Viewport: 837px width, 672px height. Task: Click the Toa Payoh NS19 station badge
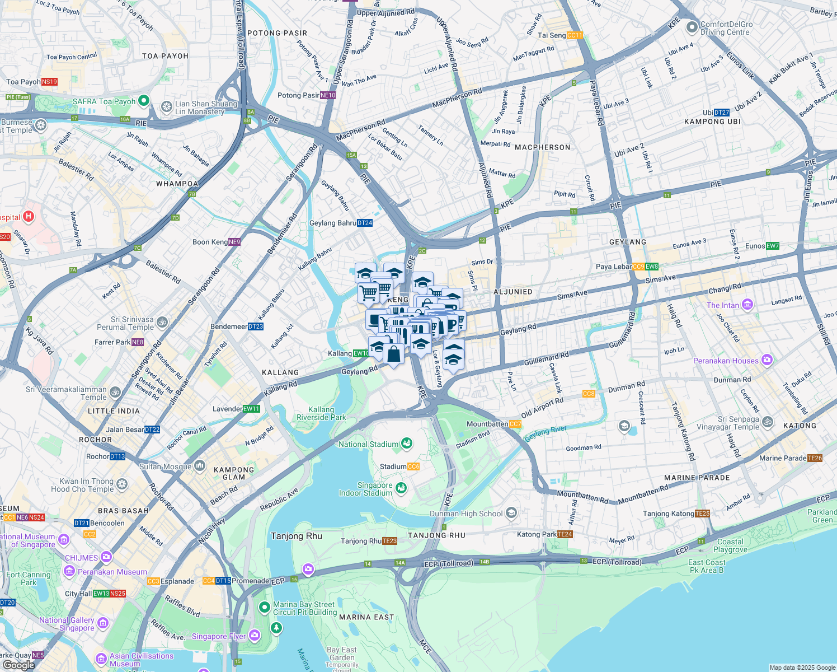pyautogui.click(x=49, y=82)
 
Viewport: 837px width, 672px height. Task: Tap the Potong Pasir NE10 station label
pyautogui.click(x=306, y=95)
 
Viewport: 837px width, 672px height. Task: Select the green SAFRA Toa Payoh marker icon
pyautogui.click(x=143, y=101)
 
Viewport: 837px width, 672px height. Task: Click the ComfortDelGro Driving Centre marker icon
pyautogui.click(x=692, y=26)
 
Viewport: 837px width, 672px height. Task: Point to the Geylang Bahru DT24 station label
pyautogui.click(x=341, y=223)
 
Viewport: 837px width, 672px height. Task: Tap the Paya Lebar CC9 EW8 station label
pyautogui.click(x=627, y=267)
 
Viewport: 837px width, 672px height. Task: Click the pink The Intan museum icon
pyautogui.click(x=747, y=305)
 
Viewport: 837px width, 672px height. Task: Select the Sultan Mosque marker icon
pyautogui.click(x=200, y=466)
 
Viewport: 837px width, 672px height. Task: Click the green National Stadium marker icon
pyautogui.click(x=407, y=444)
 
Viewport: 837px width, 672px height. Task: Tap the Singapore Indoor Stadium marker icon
pyautogui.click(x=401, y=488)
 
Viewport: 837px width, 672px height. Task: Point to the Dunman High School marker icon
pyautogui.click(x=511, y=513)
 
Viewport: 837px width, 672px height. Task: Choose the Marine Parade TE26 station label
pyautogui.click(x=791, y=458)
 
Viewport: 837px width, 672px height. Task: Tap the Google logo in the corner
pyautogui.click(x=18, y=665)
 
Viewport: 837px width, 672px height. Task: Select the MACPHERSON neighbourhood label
pyautogui.click(x=542, y=147)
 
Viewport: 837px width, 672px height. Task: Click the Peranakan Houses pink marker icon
pyautogui.click(x=767, y=360)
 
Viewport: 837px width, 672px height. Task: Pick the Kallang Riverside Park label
pyautogui.click(x=321, y=413)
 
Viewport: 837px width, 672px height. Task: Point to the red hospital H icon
pyautogui.click(x=29, y=216)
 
